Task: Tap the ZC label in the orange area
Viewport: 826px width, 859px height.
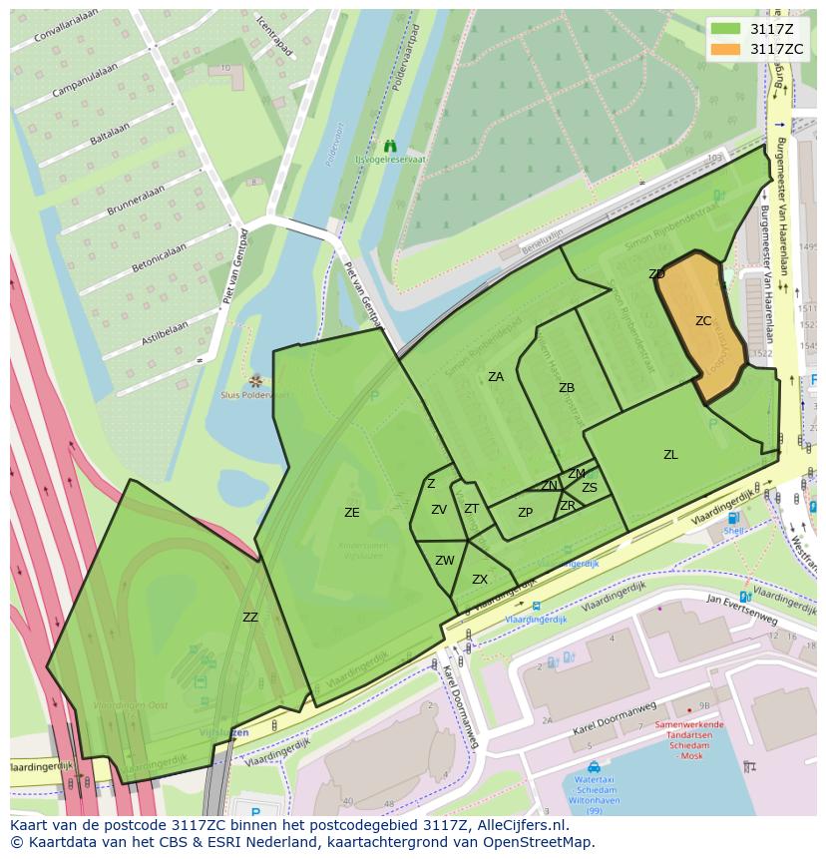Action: point(703,321)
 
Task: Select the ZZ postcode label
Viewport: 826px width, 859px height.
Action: point(250,618)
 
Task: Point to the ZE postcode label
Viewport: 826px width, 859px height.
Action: point(351,513)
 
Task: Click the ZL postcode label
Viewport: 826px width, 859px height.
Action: point(670,455)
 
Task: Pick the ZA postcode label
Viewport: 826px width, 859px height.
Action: point(496,377)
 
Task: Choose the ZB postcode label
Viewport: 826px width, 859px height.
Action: point(567,388)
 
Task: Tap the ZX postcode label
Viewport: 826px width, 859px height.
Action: point(480,580)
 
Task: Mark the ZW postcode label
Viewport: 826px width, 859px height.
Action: point(445,561)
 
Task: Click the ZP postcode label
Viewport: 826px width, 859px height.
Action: point(526,513)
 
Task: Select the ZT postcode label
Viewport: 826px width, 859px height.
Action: point(472,509)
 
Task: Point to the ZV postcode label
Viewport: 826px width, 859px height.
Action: point(439,510)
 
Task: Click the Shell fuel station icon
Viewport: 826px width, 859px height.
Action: point(734,518)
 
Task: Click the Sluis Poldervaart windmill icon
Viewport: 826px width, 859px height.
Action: point(256,380)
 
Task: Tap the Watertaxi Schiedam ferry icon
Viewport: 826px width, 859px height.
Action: point(595,767)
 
